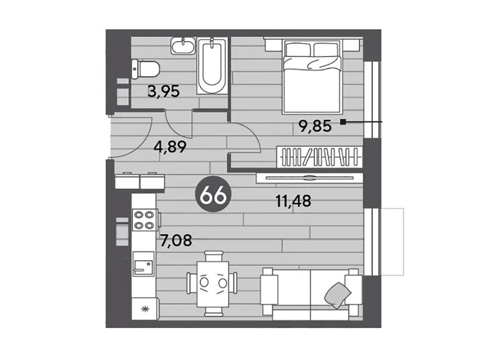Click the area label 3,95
click(164, 91)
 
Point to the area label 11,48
click(293, 201)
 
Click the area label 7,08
click(176, 240)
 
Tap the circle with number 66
click(213, 195)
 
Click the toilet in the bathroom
click(145, 69)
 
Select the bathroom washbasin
click(183, 46)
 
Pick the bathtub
click(212, 66)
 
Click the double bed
click(312, 76)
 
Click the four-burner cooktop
click(144, 220)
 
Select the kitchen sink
click(143, 263)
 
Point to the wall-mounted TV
click(309, 178)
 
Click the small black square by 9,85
click(343, 122)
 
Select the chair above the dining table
click(213, 256)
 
